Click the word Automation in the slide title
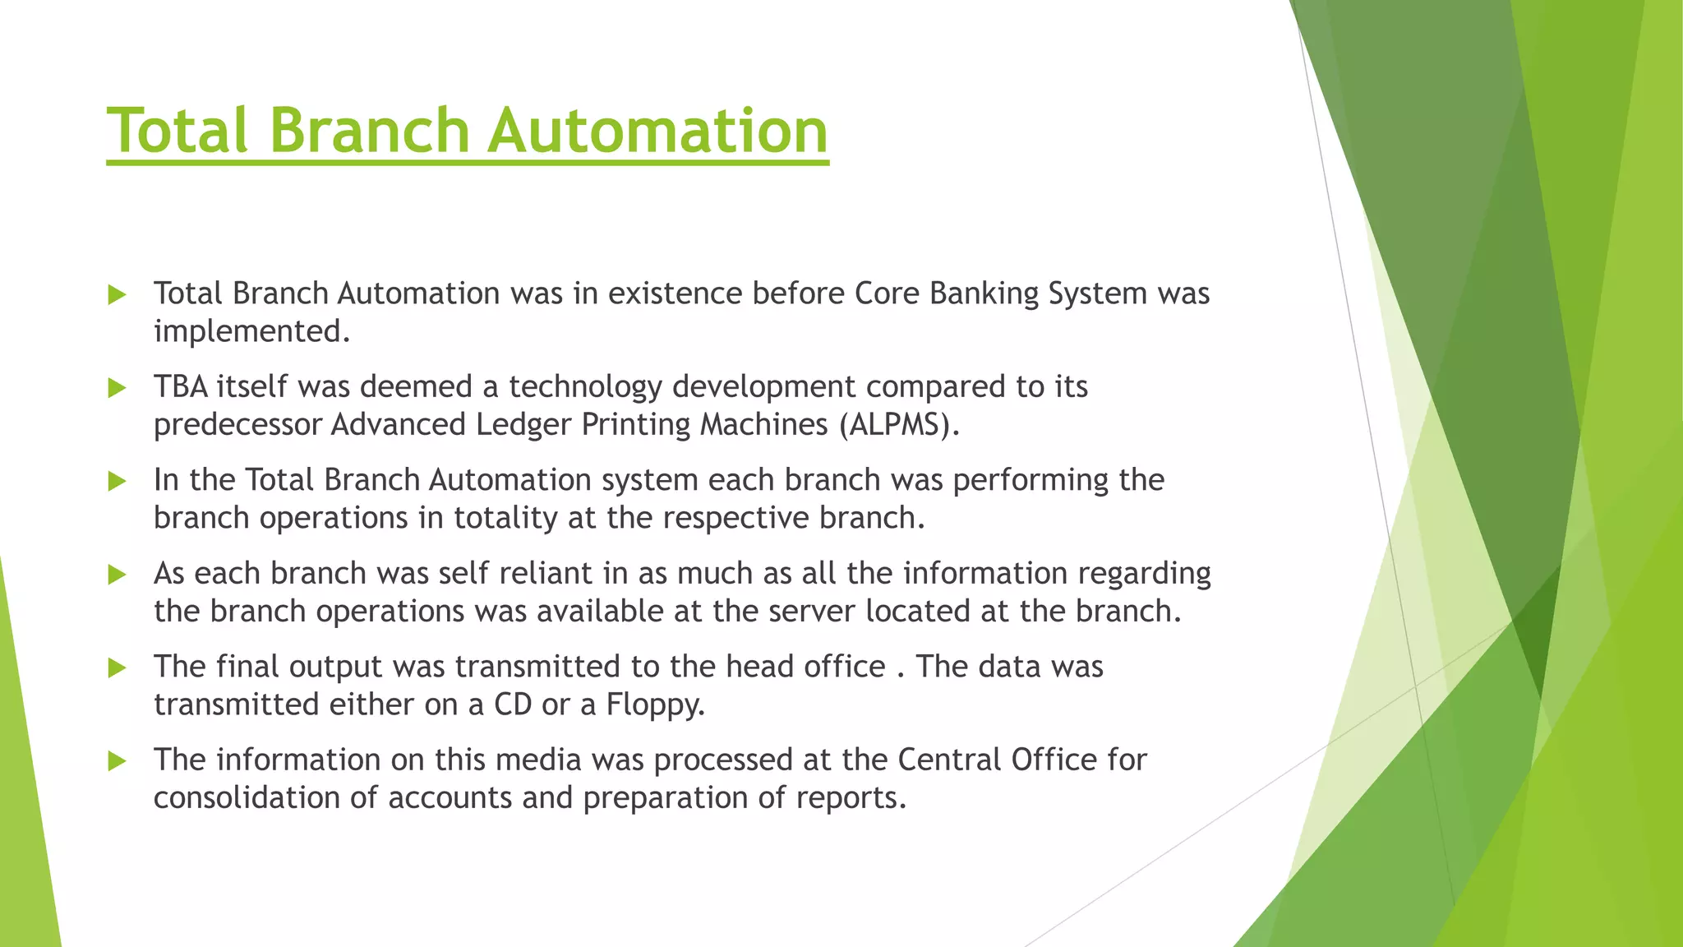click(657, 131)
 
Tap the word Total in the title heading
click(178, 131)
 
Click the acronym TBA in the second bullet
click(181, 387)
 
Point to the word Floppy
click(656, 705)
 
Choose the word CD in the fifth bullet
click(513, 705)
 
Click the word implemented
click(251, 331)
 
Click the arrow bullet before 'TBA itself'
click(117, 388)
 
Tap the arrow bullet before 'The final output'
click(117, 668)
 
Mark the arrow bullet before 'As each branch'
click(117, 575)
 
